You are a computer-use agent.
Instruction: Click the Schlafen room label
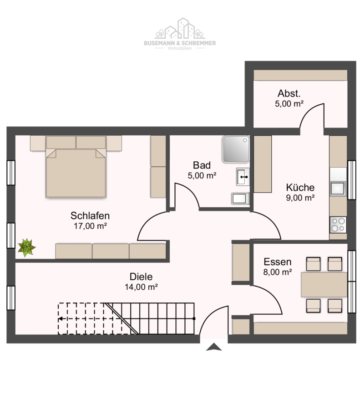pos(90,216)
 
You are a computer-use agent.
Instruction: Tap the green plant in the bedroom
pos(26,247)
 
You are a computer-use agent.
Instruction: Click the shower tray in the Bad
pos(236,149)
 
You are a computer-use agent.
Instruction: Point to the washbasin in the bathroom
pos(243,177)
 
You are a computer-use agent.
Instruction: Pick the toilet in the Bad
pos(240,199)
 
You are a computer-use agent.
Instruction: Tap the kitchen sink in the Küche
pos(338,188)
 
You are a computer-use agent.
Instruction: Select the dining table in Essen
pos(324,285)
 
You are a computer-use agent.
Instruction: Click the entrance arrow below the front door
pos(214,347)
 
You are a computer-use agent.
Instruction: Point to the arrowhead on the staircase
pos(61,319)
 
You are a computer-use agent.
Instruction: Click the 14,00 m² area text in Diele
pos(141,287)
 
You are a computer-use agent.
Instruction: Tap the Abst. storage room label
pos(289,93)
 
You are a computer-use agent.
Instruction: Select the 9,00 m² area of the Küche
pos(300,198)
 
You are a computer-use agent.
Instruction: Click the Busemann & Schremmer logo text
pos(180,43)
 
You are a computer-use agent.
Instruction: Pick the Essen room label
pos(278,262)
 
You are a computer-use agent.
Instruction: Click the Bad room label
pos(202,165)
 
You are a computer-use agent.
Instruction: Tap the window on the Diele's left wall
pos(11,298)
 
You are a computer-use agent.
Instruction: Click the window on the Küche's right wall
pos(352,180)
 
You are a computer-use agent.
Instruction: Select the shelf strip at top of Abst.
pos(300,75)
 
